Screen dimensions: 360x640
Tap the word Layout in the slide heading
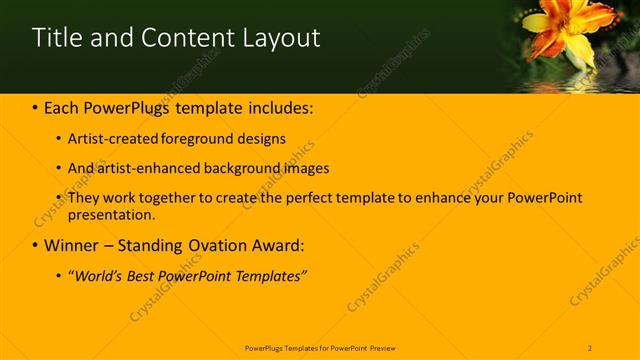point(281,38)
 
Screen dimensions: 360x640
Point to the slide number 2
point(591,347)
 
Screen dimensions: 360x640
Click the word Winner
point(71,245)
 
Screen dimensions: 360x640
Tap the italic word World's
point(99,275)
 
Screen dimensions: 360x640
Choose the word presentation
point(111,214)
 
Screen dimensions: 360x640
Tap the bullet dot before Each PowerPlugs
point(35,108)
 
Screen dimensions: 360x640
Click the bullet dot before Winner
point(35,245)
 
